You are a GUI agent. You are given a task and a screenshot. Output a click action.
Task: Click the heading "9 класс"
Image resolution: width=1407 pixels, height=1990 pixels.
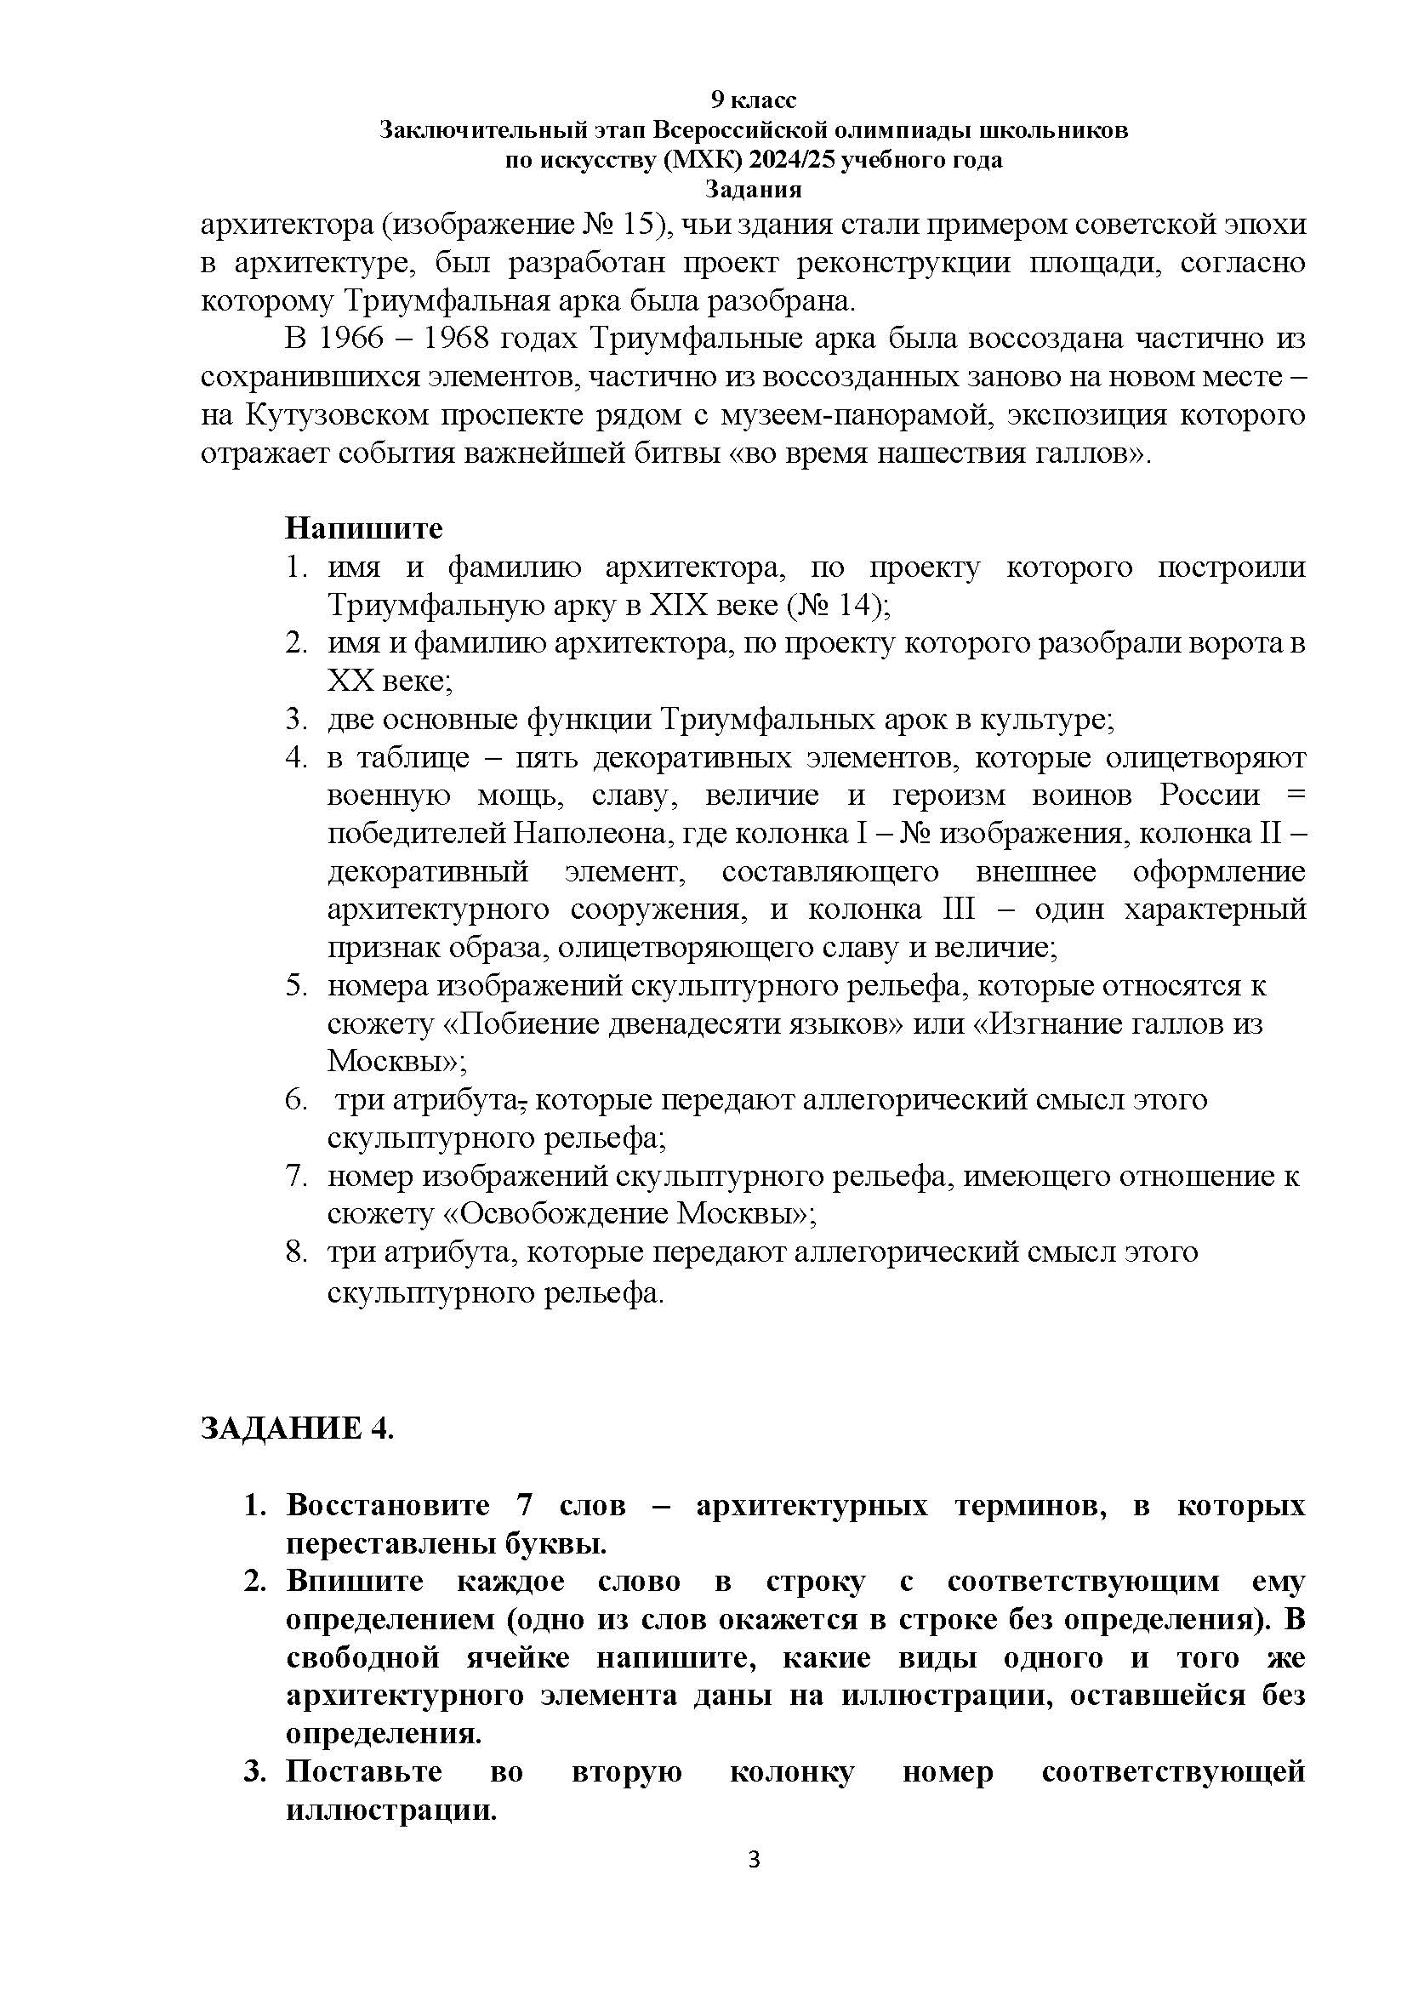(x=753, y=100)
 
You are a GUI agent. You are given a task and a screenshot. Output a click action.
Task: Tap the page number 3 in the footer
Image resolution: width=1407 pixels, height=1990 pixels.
(x=753, y=1883)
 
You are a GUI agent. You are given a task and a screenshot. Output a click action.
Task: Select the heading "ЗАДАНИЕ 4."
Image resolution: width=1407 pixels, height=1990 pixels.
(x=297, y=1428)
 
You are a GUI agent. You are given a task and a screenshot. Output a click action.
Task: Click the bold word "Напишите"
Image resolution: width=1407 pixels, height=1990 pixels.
(x=364, y=527)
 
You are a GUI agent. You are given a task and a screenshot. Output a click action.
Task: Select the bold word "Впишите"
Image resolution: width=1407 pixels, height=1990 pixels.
(x=356, y=1581)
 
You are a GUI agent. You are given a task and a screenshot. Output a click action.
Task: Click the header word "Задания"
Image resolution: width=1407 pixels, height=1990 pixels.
(x=753, y=188)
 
